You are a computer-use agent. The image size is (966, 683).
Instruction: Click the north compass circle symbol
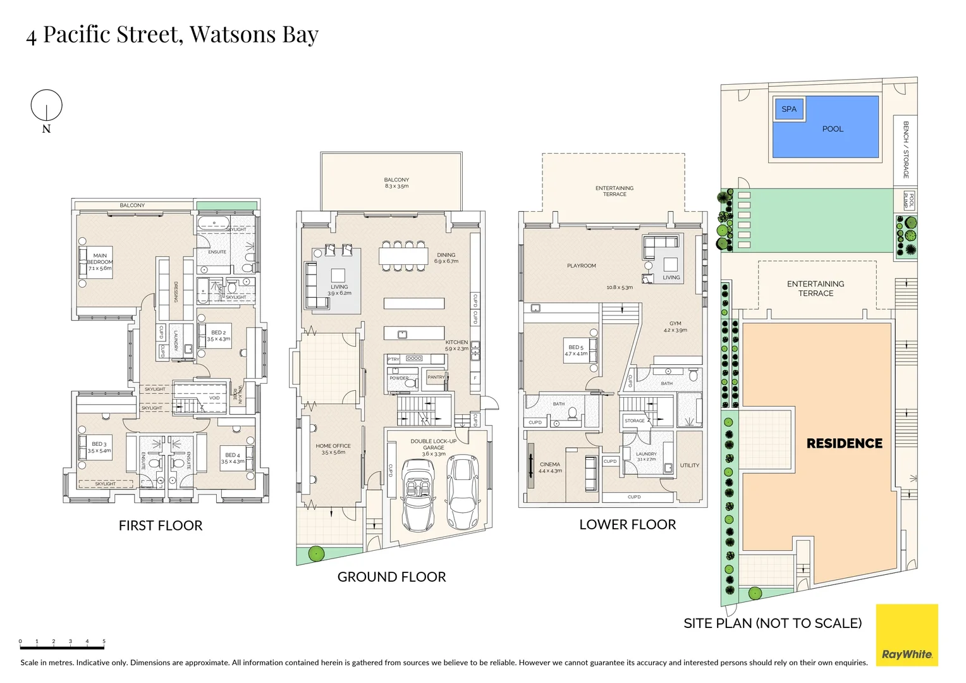[46, 105]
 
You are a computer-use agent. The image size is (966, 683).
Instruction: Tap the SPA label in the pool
[788, 109]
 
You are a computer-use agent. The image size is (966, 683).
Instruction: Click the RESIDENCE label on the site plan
[844, 443]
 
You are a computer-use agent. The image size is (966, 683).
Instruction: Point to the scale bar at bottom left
[62, 647]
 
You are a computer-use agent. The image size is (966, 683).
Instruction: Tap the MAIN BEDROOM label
[100, 262]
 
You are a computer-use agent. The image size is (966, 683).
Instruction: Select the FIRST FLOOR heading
[161, 526]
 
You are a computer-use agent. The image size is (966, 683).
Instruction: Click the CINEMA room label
[550, 467]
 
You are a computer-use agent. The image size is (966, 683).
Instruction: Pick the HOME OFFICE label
[333, 449]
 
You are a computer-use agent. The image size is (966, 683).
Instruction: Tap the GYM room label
[675, 326]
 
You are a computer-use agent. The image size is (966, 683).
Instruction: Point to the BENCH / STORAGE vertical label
[905, 150]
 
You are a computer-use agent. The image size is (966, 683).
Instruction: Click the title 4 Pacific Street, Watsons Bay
[172, 34]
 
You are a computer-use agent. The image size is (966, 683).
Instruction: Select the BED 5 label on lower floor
[576, 350]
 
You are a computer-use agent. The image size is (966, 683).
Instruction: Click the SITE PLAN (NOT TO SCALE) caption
[773, 623]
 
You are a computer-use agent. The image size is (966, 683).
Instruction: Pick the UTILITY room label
[689, 465]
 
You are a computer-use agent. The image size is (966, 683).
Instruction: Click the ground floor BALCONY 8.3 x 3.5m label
[396, 183]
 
